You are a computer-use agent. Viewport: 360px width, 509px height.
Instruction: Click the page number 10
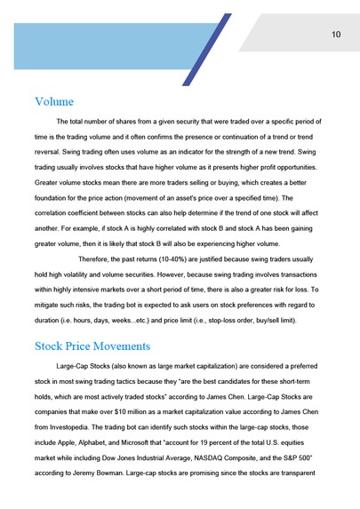click(x=335, y=35)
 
